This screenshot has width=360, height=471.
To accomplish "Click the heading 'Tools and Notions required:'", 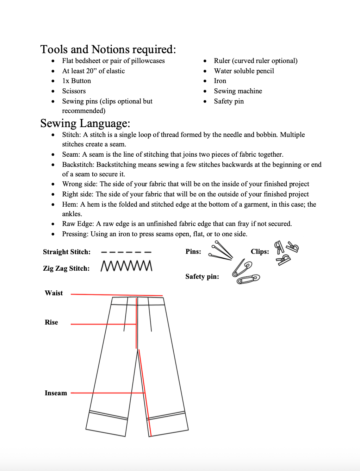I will (x=108, y=49).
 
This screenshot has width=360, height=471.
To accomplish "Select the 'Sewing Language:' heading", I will (x=85, y=123).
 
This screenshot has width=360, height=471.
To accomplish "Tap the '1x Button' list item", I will (x=76, y=81).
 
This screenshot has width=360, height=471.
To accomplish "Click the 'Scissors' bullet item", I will (x=74, y=91).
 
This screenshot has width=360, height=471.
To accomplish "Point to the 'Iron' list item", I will (x=220, y=81).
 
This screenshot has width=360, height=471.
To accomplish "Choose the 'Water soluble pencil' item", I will (x=244, y=71).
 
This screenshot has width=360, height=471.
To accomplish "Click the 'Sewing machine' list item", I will (x=238, y=91).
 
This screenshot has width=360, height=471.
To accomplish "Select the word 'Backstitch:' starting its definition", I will (x=78, y=165).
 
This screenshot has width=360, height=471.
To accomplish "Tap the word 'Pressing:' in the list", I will (x=75, y=234).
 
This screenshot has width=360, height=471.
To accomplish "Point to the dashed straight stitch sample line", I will (x=126, y=252).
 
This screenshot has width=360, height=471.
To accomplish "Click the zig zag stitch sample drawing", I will (x=126, y=266).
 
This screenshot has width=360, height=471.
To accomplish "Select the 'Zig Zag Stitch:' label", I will (x=66, y=269).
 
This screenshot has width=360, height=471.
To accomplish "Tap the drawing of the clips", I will (x=286, y=252).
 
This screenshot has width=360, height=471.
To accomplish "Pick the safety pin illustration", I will (x=246, y=272).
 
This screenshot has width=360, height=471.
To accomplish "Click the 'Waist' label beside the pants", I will (x=54, y=293).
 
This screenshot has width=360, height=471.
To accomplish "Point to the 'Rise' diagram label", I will (x=51, y=322).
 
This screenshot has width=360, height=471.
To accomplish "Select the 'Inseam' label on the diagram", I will (x=56, y=393).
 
